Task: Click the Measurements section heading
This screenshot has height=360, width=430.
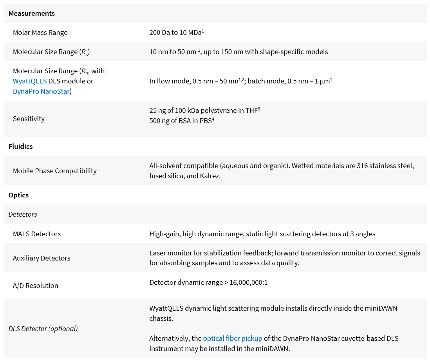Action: pos(31,13)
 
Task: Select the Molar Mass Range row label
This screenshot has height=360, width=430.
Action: pos(40,33)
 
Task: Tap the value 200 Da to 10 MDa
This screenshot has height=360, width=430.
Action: pos(176,33)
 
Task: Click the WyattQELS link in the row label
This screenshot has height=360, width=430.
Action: pos(30,81)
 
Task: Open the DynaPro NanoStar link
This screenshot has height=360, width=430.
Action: pos(41,91)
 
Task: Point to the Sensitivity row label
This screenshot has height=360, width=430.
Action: pos(29,119)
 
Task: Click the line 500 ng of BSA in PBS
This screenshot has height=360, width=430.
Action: pos(181,120)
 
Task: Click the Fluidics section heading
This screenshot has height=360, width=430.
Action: pos(20,147)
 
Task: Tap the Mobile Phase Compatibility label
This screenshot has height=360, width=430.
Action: pos(54,171)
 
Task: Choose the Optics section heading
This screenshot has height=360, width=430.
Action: pos(18,195)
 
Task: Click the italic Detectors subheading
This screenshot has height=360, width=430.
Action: pos(23,214)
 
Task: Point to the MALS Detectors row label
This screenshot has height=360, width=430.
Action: pos(37,234)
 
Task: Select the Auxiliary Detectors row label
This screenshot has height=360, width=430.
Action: pos(42,258)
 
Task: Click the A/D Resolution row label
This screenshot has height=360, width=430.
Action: pos(35,286)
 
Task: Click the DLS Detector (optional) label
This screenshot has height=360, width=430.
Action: pos(43,328)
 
